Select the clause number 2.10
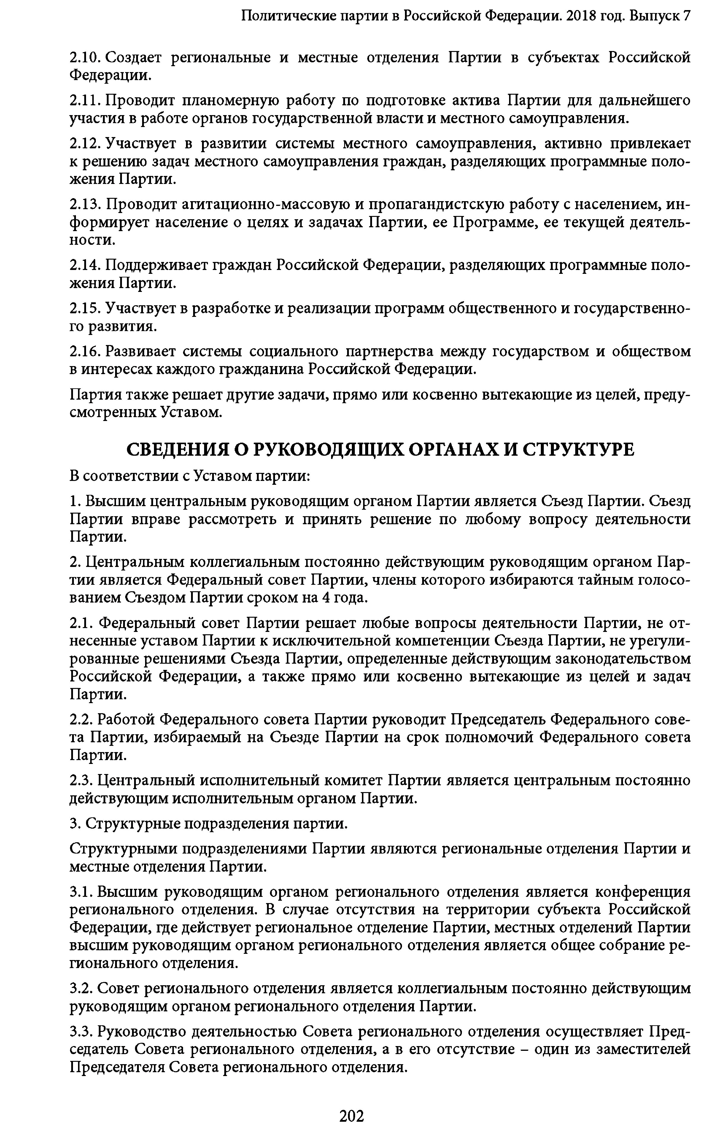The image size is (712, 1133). [x=85, y=58]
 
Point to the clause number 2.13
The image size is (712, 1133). [x=85, y=205]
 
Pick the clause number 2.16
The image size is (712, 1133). [x=85, y=352]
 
